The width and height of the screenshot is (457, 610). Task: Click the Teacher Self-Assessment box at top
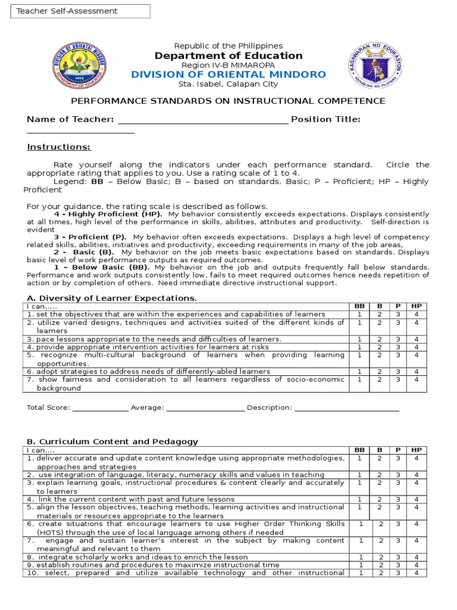pyautogui.click(x=80, y=11)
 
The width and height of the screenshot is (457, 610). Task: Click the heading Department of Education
pyautogui.click(x=228, y=56)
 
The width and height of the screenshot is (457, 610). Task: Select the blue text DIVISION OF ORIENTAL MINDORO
pyautogui.click(x=228, y=74)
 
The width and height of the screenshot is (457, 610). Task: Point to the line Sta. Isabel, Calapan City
pyautogui.click(x=228, y=85)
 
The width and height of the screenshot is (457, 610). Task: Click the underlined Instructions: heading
pyautogui.click(x=59, y=147)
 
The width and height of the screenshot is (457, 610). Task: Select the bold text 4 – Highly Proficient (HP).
pyautogui.click(x=109, y=214)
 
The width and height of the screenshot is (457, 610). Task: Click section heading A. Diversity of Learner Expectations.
pyautogui.click(x=112, y=298)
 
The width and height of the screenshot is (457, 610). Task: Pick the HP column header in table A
pyautogui.click(x=417, y=306)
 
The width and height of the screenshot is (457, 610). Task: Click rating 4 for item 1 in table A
pyautogui.click(x=417, y=314)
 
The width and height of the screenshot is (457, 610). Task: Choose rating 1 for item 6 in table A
pyautogui.click(x=359, y=371)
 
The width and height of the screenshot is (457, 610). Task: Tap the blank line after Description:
pyautogui.click(x=346, y=409)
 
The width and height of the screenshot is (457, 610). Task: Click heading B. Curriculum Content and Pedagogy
pyautogui.click(x=112, y=441)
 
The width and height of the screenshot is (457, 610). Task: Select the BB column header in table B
pyautogui.click(x=359, y=450)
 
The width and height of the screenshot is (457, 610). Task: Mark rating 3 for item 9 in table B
pyautogui.click(x=397, y=565)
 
